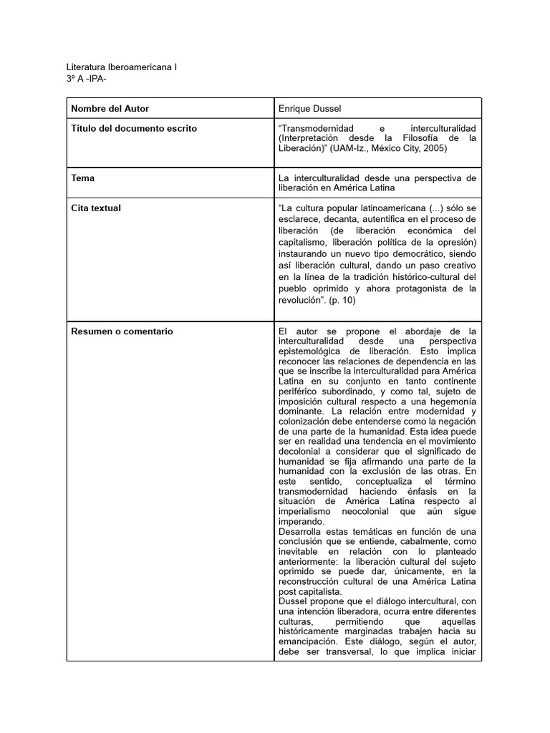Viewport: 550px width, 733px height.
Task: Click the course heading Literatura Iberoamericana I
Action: point(122,67)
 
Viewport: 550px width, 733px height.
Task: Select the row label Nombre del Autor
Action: point(110,108)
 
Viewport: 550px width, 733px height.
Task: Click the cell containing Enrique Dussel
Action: point(309,108)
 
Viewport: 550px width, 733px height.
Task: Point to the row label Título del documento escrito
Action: point(134,128)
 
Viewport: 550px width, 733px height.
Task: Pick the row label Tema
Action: point(83,178)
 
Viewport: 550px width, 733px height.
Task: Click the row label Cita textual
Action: point(96,208)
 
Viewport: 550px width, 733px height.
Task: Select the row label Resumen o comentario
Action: point(122,331)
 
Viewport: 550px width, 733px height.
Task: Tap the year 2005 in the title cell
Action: point(434,148)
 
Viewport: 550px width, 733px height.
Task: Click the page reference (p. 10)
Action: point(342,300)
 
